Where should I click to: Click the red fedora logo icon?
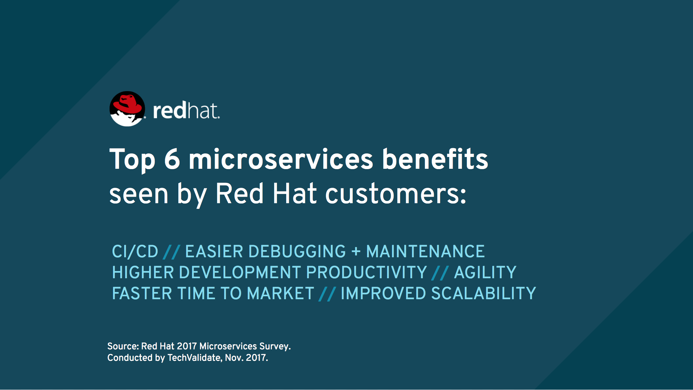(x=127, y=108)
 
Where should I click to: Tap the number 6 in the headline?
(x=172, y=159)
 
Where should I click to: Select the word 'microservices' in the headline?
(x=281, y=159)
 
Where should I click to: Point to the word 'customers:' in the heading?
(x=396, y=194)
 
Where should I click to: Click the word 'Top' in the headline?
(x=132, y=160)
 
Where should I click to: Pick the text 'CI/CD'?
(x=135, y=251)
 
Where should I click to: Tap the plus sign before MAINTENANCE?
(x=356, y=252)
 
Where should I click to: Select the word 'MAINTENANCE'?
(x=426, y=251)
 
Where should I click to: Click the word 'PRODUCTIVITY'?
(x=366, y=272)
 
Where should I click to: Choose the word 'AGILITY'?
(x=485, y=272)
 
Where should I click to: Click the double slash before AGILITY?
(x=440, y=273)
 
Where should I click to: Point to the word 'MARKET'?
(x=281, y=293)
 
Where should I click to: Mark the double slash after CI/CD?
(x=171, y=252)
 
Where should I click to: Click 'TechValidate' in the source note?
(x=194, y=358)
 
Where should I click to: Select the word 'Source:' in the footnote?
(x=123, y=346)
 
